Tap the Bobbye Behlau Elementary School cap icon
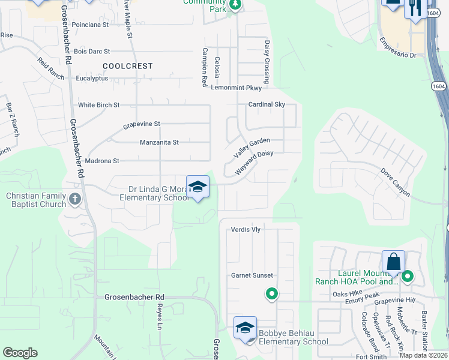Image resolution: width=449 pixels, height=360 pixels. click(245, 328)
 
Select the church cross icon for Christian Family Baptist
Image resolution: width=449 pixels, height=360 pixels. click(75, 199)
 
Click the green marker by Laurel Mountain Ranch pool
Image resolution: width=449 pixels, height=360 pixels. click(408, 277)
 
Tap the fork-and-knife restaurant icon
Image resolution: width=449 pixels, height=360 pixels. click(415, 8)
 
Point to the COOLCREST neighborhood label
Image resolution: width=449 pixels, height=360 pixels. click(127, 66)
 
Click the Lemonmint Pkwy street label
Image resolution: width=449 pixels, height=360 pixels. click(237, 88)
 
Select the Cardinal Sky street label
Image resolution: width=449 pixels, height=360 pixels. click(267, 104)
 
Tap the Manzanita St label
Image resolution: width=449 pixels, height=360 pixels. click(159, 142)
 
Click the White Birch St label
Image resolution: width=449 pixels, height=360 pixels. click(99, 105)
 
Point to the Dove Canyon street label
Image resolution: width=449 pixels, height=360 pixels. click(396, 182)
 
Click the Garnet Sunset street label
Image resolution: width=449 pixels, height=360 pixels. click(252, 275)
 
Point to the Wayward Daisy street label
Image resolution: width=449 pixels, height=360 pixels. click(254, 162)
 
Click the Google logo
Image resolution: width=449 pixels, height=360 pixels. click(20, 353)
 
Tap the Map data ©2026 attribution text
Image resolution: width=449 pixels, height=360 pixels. click(423, 355)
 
